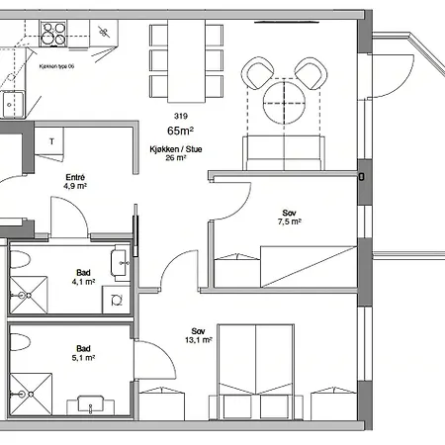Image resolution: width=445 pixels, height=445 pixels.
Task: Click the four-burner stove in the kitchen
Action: click(x=51, y=39)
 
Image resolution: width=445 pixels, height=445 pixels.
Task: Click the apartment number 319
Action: click(x=179, y=115)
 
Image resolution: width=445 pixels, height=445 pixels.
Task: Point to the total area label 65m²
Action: click(x=179, y=131)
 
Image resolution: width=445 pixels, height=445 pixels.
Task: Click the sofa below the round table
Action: click(x=284, y=151)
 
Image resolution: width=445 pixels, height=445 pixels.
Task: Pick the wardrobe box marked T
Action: click(x=50, y=141)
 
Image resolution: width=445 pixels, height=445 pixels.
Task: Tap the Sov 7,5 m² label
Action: click(x=289, y=218)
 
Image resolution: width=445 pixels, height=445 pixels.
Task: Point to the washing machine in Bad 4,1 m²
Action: click(x=117, y=298)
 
